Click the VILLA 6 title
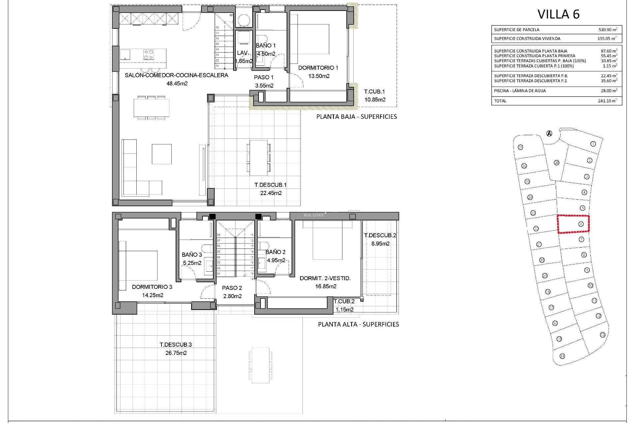click(x=558, y=14)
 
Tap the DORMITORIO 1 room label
click(x=318, y=68)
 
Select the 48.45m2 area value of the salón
click(x=177, y=84)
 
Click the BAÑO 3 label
click(x=192, y=254)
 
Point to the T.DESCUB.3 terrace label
click(x=176, y=344)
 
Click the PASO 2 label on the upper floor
click(x=232, y=288)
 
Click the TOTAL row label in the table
click(x=500, y=101)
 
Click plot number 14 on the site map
click(x=562, y=356)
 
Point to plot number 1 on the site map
click(x=593, y=144)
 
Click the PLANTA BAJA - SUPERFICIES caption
click(x=356, y=117)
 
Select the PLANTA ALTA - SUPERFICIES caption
click(x=358, y=324)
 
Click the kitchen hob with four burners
click(x=148, y=54)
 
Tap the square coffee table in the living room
click(x=161, y=154)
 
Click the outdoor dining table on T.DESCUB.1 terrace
click(x=258, y=158)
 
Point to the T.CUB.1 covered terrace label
click(x=374, y=92)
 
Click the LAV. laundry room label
click(x=243, y=53)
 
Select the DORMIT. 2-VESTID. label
click(x=325, y=278)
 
